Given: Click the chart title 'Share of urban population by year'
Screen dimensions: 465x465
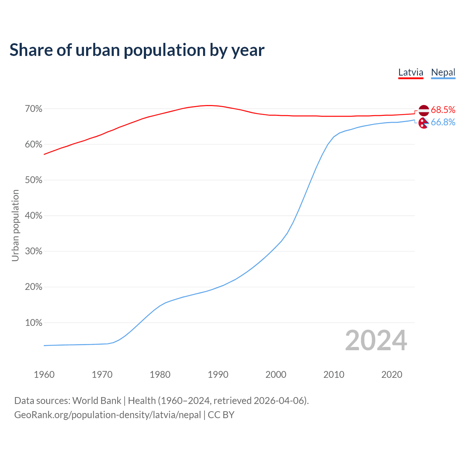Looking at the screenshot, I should click(x=137, y=50).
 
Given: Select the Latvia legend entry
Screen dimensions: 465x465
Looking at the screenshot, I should click(x=411, y=72).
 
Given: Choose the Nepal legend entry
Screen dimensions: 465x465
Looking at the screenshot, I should click(x=443, y=72).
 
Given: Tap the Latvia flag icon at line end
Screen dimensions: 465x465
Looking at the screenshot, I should click(x=424, y=110).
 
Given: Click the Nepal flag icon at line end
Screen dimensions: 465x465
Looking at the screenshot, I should click(x=424, y=123).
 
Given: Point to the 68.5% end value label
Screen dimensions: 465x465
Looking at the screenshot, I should click(x=443, y=110).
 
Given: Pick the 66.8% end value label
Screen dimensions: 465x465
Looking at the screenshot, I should click(x=443, y=122).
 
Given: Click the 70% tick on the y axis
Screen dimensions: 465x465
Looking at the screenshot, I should click(x=33, y=109).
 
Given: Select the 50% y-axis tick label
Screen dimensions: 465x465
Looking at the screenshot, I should click(x=33, y=180).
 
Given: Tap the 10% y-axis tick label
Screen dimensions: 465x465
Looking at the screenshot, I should click(x=33, y=323).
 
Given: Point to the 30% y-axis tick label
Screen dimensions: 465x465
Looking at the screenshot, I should click(x=33, y=251).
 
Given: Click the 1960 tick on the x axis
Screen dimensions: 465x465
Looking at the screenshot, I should click(x=44, y=375).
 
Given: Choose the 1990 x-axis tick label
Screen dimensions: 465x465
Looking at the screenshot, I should click(x=218, y=375).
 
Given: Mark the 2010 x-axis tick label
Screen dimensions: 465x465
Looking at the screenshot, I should click(x=334, y=375).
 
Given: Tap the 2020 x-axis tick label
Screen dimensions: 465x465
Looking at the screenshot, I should click(x=392, y=375).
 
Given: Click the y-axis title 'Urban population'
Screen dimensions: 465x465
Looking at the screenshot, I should click(x=15, y=225).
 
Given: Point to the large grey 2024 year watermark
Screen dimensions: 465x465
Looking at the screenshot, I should click(x=376, y=340).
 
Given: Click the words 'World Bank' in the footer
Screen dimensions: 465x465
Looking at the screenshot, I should click(x=97, y=401).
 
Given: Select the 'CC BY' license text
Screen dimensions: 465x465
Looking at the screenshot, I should click(x=221, y=415).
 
